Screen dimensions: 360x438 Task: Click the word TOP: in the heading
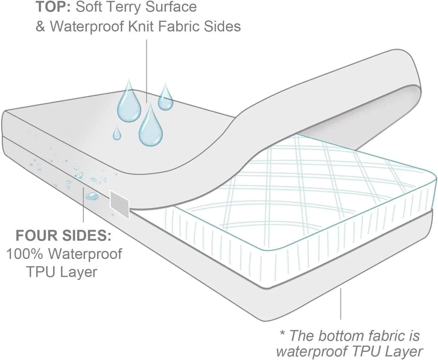[x=53, y=7]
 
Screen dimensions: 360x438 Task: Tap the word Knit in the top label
[x=141, y=26]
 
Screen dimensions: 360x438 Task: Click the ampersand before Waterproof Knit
[x=40, y=26]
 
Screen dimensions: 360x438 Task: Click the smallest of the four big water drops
[x=117, y=134]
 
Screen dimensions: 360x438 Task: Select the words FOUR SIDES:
[x=63, y=236]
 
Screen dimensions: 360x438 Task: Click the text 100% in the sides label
[x=25, y=254]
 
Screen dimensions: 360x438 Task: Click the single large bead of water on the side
[x=92, y=197]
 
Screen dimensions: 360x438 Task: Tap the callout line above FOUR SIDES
[x=83, y=207]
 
